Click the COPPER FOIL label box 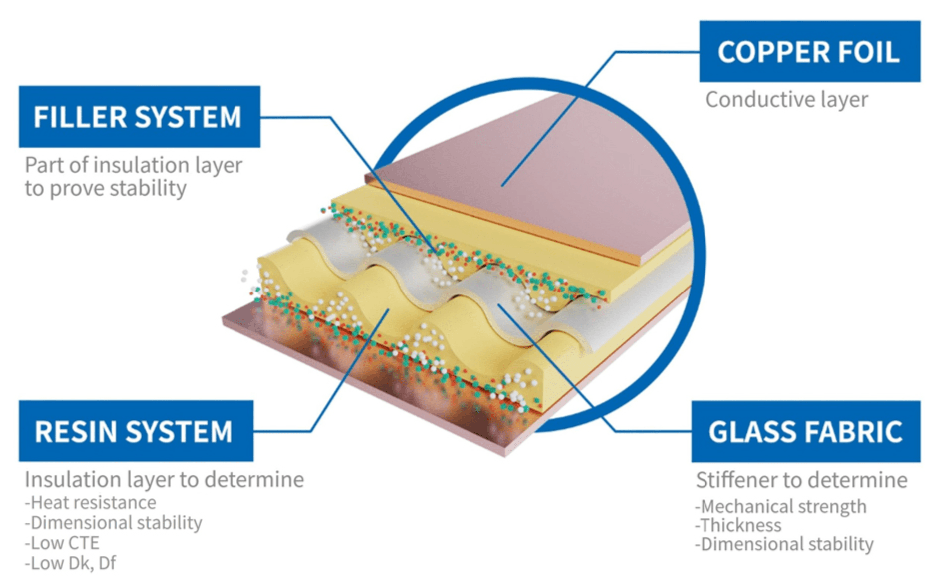[809, 51]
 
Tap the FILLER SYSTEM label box [139, 117]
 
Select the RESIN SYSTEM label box [136, 431]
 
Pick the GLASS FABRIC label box [805, 432]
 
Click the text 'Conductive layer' [786, 100]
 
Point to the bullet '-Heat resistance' [91, 502]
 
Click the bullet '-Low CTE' [62, 543]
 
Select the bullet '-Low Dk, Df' [70, 563]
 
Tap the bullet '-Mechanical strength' [780, 506]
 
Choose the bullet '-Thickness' [738, 525]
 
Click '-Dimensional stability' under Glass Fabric [784, 544]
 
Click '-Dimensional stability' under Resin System [114, 523]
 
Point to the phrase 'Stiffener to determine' [801, 480]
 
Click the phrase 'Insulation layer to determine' [164, 480]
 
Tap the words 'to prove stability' [106, 189]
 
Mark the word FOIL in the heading [868, 52]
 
